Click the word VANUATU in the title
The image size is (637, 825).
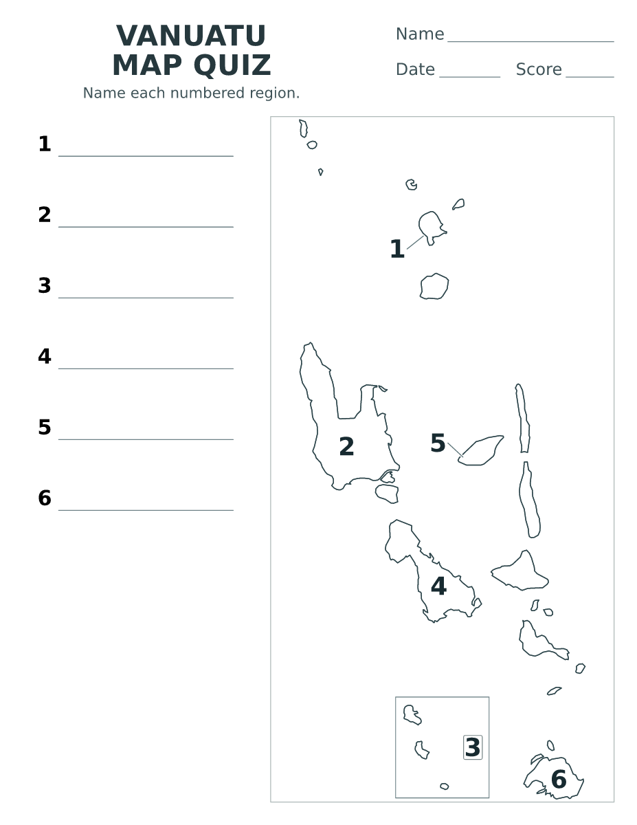pyautogui.click(x=191, y=36)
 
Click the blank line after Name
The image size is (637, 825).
pyautogui.click(x=530, y=41)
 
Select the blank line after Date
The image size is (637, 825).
pyautogui.click(x=470, y=77)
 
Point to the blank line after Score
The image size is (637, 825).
pyautogui.click(x=590, y=77)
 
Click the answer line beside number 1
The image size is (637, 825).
pyautogui.click(x=146, y=156)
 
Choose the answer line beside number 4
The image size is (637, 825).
pyautogui.click(x=146, y=368)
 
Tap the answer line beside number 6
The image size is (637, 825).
pyautogui.click(x=146, y=510)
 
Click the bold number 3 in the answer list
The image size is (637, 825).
pyautogui.click(x=45, y=285)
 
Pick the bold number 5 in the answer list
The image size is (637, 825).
pyautogui.click(x=45, y=427)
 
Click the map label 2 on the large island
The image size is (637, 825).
pyautogui.click(x=346, y=446)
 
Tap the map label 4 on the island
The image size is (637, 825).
pyautogui.click(x=438, y=586)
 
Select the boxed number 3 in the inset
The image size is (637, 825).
pyautogui.click(x=473, y=747)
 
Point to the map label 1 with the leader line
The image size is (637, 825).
pyautogui.click(x=397, y=249)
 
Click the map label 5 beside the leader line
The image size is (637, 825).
pyautogui.click(x=438, y=443)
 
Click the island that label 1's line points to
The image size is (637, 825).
pyautogui.click(x=432, y=227)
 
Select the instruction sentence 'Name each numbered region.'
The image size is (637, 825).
pyautogui.click(x=191, y=93)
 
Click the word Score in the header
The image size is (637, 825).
pyautogui.click(x=539, y=69)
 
